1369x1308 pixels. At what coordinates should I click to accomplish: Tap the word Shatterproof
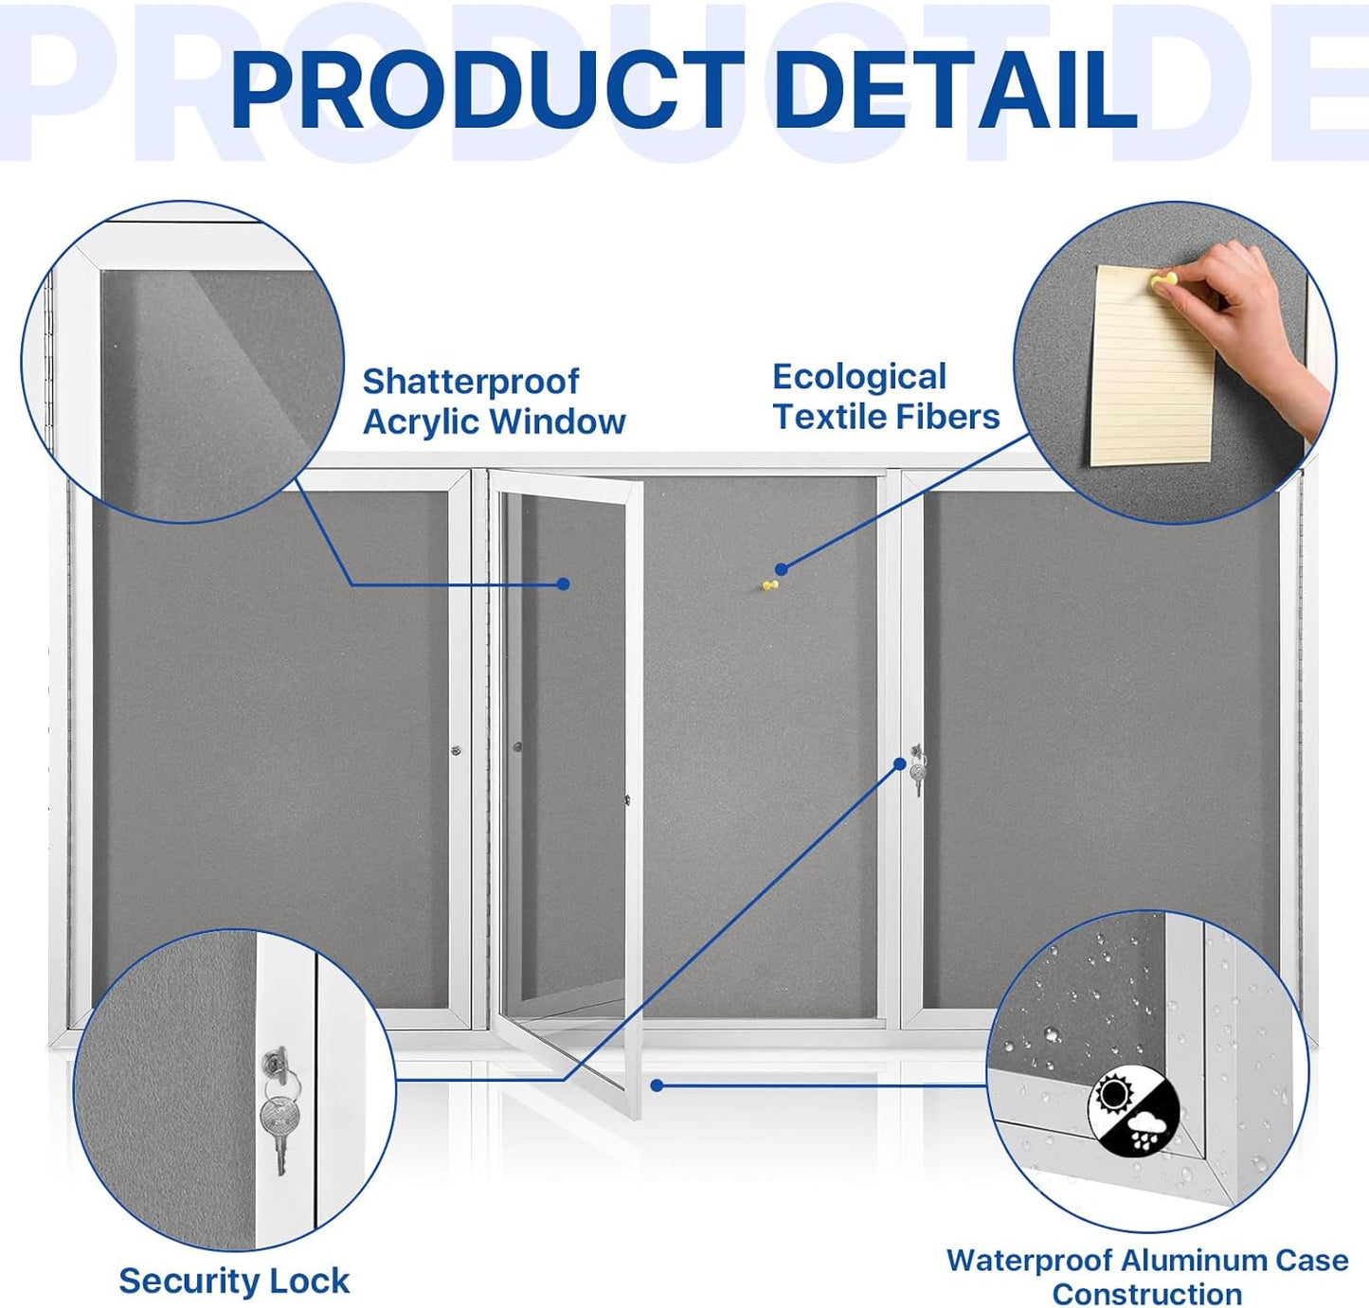pyautogui.click(x=471, y=382)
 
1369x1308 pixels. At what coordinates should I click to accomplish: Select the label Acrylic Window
pyautogui.click(x=494, y=422)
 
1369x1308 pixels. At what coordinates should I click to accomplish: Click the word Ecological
pyautogui.click(x=859, y=377)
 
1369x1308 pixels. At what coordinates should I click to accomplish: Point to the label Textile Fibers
pyautogui.click(x=886, y=417)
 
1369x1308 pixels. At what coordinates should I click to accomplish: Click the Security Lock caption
pyautogui.click(x=234, y=1281)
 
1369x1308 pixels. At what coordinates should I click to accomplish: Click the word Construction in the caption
pyautogui.click(x=1146, y=1294)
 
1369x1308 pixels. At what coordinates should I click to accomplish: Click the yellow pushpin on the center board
pyautogui.click(x=769, y=586)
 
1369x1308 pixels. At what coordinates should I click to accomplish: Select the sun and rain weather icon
pyautogui.click(x=1133, y=1112)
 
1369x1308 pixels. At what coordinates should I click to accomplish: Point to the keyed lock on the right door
pyautogui.click(x=916, y=769)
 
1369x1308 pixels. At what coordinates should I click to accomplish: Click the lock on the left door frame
pyautogui.click(x=456, y=750)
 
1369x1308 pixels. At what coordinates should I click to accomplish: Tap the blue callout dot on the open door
pyautogui.click(x=564, y=584)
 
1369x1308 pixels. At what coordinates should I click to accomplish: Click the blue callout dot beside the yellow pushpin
pyautogui.click(x=781, y=569)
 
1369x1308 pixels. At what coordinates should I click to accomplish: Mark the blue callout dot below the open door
pyautogui.click(x=657, y=1085)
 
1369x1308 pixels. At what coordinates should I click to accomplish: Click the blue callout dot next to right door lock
pyautogui.click(x=900, y=763)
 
